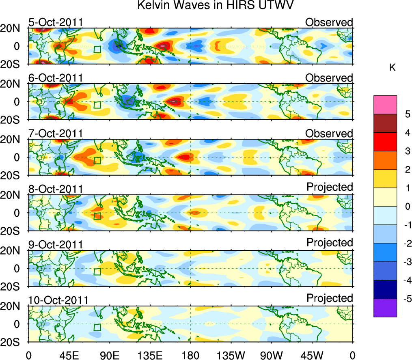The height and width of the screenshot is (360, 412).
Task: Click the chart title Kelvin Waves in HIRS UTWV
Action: tap(215, 6)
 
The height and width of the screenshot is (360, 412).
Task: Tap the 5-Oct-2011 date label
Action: tap(56, 22)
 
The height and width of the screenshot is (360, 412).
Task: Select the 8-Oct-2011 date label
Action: tap(56, 189)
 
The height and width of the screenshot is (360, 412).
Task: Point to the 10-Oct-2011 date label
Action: tap(58, 300)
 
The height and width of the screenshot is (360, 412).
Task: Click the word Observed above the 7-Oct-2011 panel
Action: tap(329, 134)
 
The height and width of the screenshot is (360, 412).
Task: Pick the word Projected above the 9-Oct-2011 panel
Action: tap(330, 242)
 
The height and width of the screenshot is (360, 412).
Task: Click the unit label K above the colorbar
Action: tap(392, 68)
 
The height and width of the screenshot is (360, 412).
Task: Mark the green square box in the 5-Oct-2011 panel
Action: tap(97, 50)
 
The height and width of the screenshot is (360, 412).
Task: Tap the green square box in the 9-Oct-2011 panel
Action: tap(97, 272)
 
